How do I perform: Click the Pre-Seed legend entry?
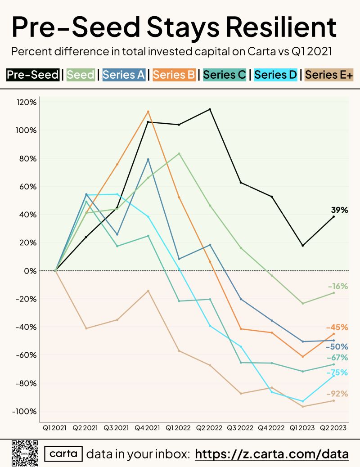coord(33,75)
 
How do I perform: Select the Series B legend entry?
coord(174,75)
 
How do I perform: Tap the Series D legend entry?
coord(276,75)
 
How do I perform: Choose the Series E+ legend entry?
coord(329,75)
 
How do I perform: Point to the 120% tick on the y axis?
coord(27,103)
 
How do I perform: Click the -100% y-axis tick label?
coord(24,411)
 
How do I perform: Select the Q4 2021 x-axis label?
coord(147,428)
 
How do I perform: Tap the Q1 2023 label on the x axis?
coord(302,428)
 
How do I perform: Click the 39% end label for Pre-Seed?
coord(340,210)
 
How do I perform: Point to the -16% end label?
coord(338,286)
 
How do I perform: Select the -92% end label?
coord(337,394)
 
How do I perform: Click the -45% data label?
coord(337,328)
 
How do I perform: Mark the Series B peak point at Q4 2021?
coord(148,112)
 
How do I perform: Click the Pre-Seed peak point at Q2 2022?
coord(210,109)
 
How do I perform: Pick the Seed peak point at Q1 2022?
coord(179,154)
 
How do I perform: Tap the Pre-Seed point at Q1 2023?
coord(303,245)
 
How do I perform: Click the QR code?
coord(25,453)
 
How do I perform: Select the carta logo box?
coord(63,454)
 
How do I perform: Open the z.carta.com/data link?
coord(272,454)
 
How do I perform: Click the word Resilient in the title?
coord(281,27)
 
